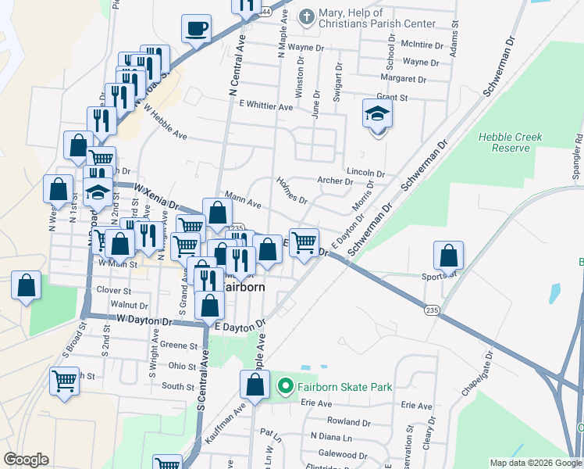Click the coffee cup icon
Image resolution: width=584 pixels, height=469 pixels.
click(196, 29)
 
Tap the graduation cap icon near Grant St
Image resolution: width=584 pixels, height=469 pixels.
click(377, 114)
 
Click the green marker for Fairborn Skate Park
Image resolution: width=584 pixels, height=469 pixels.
click(285, 386)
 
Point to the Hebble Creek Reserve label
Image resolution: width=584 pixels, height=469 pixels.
click(510, 142)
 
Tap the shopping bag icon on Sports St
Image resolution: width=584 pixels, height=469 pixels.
click(449, 256)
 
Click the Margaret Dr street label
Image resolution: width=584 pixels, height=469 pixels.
click(403, 79)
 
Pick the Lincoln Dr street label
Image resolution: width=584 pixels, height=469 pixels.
click(365, 173)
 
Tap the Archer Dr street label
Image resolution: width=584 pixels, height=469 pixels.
click(336, 181)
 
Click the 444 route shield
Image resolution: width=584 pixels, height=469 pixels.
click(265, 12)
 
